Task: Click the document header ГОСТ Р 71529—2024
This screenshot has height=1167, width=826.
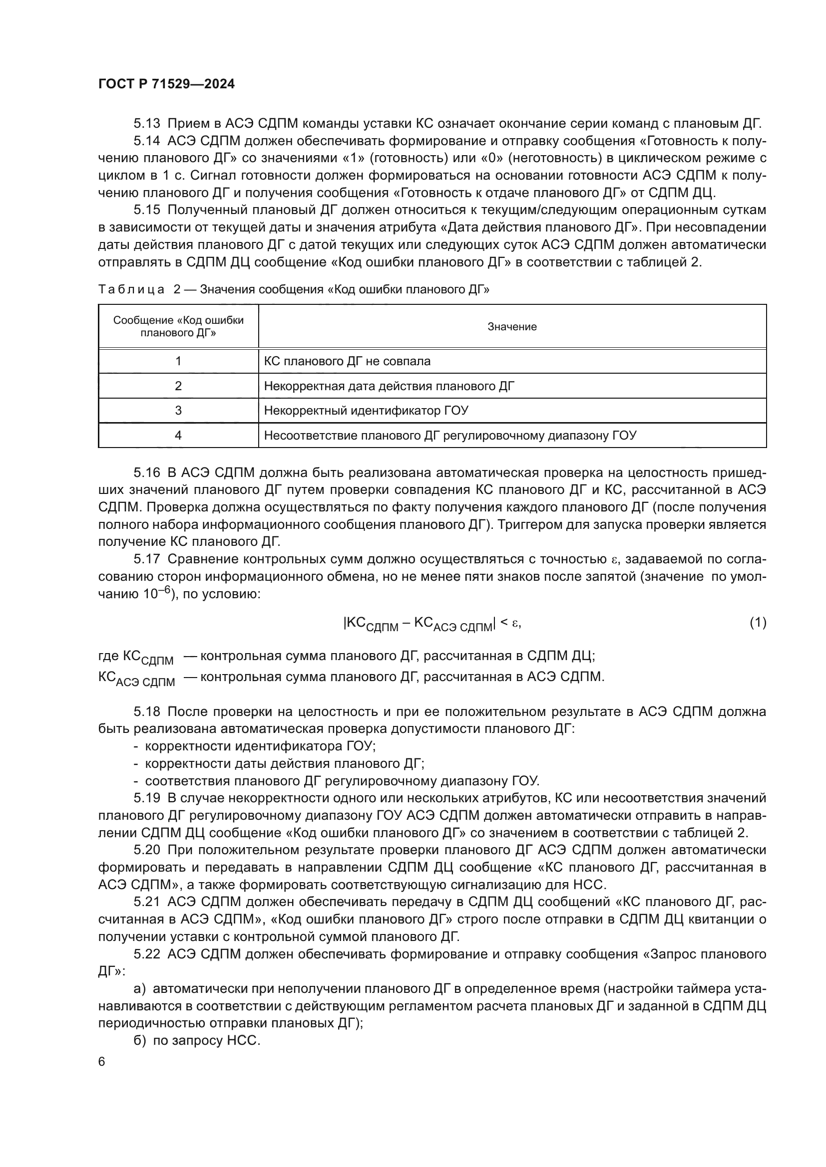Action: coord(166,84)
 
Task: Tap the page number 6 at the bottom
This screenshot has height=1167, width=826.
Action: coord(102,1061)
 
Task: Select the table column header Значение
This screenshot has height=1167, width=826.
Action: coord(512,326)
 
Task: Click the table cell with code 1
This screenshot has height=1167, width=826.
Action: coord(178,361)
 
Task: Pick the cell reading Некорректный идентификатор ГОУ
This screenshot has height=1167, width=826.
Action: coord(366,410)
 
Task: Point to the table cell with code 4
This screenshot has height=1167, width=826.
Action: coord(178,435)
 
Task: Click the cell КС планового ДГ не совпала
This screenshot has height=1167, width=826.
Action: coord(347,361)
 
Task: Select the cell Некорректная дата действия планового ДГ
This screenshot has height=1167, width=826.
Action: coord(389,386)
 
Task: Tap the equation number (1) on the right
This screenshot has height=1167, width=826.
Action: coord(758,623)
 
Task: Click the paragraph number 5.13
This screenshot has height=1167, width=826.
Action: coord(146,124)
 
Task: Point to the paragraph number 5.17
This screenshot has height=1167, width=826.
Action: coord(146,559)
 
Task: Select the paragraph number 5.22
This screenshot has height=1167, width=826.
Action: coord(146,954)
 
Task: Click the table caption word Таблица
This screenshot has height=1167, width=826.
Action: coord(131,290)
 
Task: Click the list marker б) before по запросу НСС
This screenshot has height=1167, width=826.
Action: coord(139,1040)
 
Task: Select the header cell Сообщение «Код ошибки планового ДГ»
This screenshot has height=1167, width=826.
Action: coord(178,326)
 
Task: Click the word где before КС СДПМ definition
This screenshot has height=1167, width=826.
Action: coord(108,656)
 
